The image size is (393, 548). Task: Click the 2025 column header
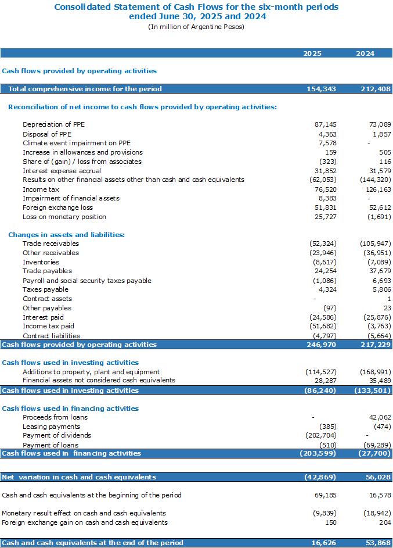pyautogui.click(x=312, y=53)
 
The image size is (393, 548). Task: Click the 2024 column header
pyautogui.click(x=365, y=53)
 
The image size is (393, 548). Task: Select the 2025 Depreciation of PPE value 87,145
pyautogui.click(x=326, y=124)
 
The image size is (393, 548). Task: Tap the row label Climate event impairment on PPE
pyautogui.click(x=77, y=143)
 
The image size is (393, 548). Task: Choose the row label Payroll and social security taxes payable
pyautogui.click(x=87, y=281)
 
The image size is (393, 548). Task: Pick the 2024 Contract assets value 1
pyautogui.click(x=389, y=299)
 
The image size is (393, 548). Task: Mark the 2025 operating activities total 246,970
pyautogui.click(x=322, y=345)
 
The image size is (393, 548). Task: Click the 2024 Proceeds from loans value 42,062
pyautogui.click(x=380, y=417)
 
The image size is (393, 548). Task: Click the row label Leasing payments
pyautogui.click(x=51, y=427)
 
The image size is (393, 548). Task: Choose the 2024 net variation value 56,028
pyautogui.click(x=378, y=477)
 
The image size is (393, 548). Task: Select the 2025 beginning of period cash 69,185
pyautogui.click(x=326, y=495)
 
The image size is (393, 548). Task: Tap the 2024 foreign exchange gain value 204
pyautogui.click(x=385, y=522)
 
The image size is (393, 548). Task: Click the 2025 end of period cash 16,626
pyautogui.click(x=324, y=543)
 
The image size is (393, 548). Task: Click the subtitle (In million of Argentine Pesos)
pyautogui.click(x=196, y=27)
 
